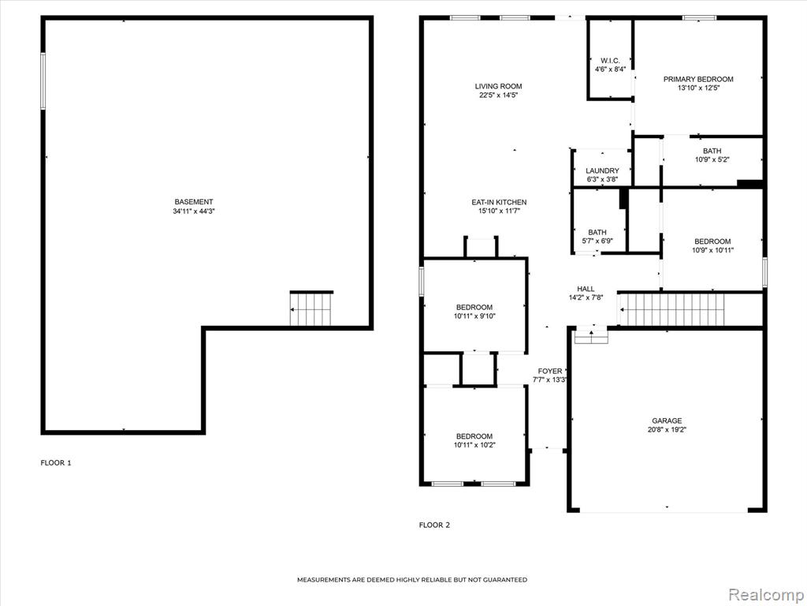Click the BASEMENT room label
pyautogui.click(x=194, y=202)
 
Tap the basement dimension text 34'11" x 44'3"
pyautogui.click(x=194, y=211)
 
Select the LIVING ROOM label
pyautogui.click(x=498, y=87)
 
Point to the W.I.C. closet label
pyautogui.click(x=610, y=61)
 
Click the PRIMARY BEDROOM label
pyautogui.click(x=698, y=80)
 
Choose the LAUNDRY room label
pyautogui.click(x=602, y=170)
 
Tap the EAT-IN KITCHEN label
pyautogui.click(x=499, y=203)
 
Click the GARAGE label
pyautogui.click(x=667, y=421)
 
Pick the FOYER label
pyautogui.click(x=550, y=371)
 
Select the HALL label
pyautogui.click(x=586, y=289)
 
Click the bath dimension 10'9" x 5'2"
pyautogui.click(x=712, y=159)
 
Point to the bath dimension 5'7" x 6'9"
pyautogui.click(x=597, y=241)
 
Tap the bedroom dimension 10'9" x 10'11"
pyautogui.click(x=712, y=250)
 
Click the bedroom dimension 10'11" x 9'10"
pyautogui.click(x=474, y=316)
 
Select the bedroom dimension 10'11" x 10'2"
pyautogui.click(x=474, y=445)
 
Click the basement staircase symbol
pyautogui.click(x=311, y=309)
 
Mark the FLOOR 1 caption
pyautogui.click(x=56, y=462)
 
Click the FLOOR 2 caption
pyautogui.click(x=434, y=525)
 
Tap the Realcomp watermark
pyautogui.click(x=765, y=595)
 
